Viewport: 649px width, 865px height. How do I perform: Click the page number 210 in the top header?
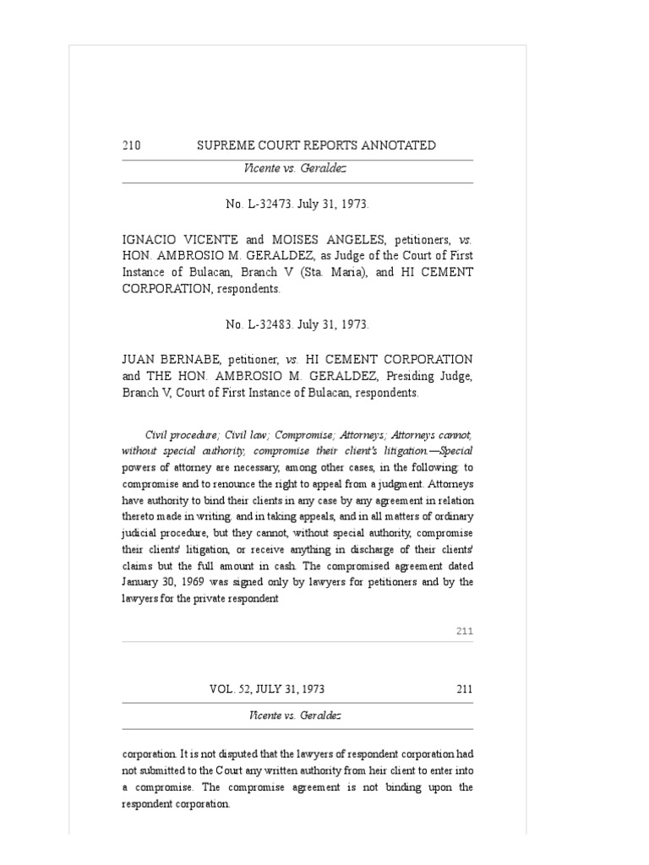click(131, 145)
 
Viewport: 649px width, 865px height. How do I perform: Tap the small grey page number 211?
click(464, 630)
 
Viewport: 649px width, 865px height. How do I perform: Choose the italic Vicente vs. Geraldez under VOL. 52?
click(295, 715)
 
